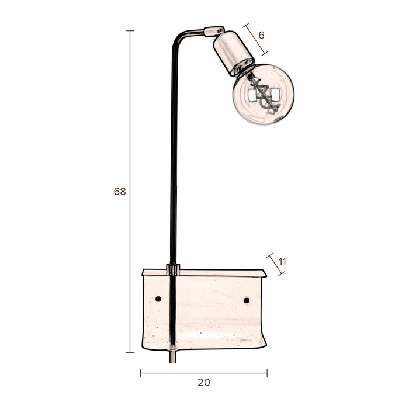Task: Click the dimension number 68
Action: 120,191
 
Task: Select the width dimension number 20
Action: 203,383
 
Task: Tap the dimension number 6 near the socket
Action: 261,35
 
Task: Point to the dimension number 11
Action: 282,262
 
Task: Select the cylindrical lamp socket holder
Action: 233,53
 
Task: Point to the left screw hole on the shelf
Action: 158,299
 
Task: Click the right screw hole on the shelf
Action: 246,300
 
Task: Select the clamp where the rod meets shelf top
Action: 172,269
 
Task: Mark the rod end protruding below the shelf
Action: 172,356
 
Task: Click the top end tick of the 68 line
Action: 130,31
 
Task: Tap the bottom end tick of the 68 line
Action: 130,352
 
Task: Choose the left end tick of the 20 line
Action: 141,373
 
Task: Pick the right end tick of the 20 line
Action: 267,373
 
